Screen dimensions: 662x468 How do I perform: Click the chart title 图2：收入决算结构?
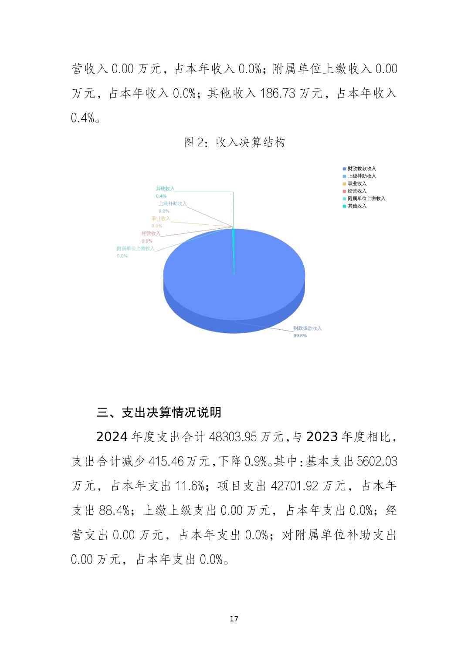click(x=234, y=142)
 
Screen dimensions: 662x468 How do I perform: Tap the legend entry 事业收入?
click(x=357, y=183)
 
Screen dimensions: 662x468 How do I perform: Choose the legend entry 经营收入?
click(x=357, y=191)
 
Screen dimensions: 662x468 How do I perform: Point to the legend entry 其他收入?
click(x=357, y=206)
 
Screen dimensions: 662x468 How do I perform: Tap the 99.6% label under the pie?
click(x=300, y=336)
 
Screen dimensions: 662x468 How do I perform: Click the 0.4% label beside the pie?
click(x=161, y=196)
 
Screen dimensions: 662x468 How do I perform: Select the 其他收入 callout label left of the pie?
click(x=165, y=189)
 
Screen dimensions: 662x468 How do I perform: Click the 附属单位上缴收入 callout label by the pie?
click(x=136, y=248)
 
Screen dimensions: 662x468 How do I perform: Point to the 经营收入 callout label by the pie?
click(x=151, y=233)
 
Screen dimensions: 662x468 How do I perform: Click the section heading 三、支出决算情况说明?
click(x=159, y=412)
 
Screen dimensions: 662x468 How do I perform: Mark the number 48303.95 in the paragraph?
click(x=233, y=437)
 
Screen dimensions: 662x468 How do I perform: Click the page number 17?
click(x=234, y=619)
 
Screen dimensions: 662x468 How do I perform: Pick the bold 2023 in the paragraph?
click(x=322, y=437)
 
